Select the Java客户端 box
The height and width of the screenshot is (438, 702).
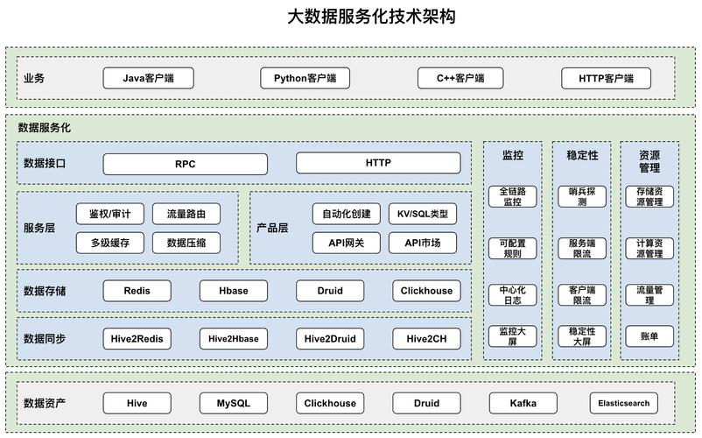click(x=148, y=78)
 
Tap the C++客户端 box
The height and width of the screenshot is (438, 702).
click(x=461, y=78)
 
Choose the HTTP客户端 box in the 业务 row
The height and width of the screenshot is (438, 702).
click(x=608, y=78)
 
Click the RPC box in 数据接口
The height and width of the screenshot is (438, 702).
click(x=186, y=163)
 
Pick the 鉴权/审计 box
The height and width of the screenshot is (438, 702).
click(x=110, y=214)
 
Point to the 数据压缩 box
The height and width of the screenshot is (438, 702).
click(x=186, y=243)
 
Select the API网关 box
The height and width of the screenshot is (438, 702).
click(x=347, y=243)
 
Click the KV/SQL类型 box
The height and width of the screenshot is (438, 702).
click(x=422, y=214)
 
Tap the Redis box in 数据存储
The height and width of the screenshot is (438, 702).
click(x=137, y=291)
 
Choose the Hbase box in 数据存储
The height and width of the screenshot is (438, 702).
click(x=233, y=291)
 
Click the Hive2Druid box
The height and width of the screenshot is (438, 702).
click(x=329, y=338)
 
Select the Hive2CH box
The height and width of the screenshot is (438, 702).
click(x=426, y=338)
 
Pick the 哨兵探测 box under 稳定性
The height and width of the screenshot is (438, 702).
click(x=582, y=196)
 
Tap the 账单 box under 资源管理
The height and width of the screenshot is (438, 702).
click(x=649, y=336)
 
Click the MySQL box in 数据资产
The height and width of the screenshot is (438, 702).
click(x=234, y=403)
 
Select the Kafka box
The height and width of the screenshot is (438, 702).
click(x=523, y=403)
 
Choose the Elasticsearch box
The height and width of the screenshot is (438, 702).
click(x=623, y=403)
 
